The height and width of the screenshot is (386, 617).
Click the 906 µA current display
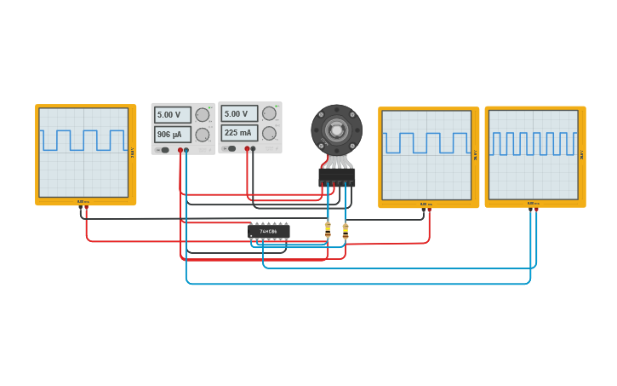coord(172,135)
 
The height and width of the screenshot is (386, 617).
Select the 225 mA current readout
coord(239,133)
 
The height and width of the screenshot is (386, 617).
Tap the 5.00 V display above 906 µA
coord(172,114)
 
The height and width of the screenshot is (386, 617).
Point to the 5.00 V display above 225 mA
coord(239,113)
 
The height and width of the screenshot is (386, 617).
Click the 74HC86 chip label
coord(269,231)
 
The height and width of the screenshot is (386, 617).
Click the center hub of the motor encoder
coord(336,130)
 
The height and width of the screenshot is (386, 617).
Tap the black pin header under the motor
coord(336,177)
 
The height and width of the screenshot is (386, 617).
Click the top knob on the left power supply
coord(203,115)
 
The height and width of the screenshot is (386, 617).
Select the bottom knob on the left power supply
coord(203,135)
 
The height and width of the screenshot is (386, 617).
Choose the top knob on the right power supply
coord(269,113)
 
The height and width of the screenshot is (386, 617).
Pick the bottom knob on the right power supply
coord(269,133)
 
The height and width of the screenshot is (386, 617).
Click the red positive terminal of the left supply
coord(180,150)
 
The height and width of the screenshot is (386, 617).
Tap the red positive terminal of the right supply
coord(247,148)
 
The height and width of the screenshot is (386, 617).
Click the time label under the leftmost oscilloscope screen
coord(83,202)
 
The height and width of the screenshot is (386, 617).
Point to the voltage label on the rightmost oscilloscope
coord(582,155)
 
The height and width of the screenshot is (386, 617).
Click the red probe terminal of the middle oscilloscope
coord(429,210)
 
